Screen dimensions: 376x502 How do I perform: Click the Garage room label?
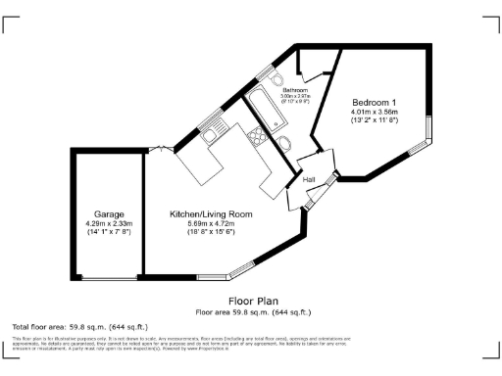click(x=108, y=213)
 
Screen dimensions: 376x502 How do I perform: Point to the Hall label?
click(x=308, y=181)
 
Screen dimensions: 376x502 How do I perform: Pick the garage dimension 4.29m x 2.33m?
click(x=108, y=223)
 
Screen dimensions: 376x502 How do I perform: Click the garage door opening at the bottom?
click(x=108, y=279)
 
